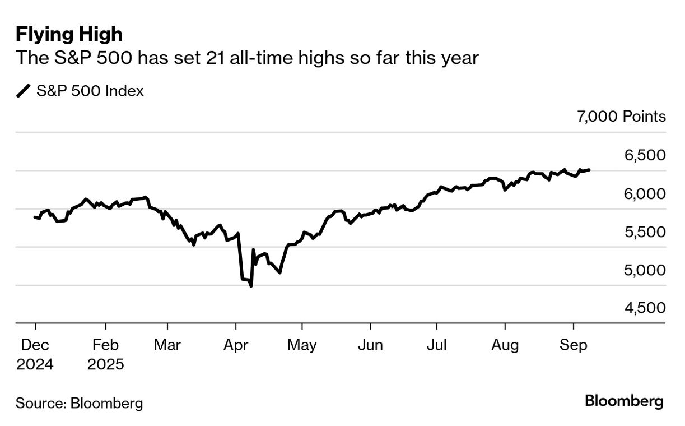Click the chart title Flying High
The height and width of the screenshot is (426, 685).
tap(69, 34)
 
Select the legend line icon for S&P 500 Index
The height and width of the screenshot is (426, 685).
tap(24, 91)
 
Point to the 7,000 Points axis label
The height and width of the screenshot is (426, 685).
tap(621, 117)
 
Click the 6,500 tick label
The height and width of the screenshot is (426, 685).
tap(645, 155)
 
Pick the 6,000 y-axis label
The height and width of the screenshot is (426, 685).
tap(645, 194)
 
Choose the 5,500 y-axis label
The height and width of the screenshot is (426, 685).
tap(645, 232)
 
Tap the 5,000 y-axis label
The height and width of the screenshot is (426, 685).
tap(645, 270)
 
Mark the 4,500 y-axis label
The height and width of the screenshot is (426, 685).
tap(645, 308)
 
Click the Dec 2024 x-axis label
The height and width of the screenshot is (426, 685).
tap(35, 354)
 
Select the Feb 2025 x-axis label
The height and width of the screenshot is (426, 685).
tap(105, 354)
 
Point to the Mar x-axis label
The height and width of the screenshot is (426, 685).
tap(167, 345)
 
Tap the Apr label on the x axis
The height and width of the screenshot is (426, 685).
tap(236, 345)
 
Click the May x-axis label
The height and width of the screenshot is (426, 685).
tap(302, 345)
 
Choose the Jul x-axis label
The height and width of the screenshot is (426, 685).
tap(436, 345)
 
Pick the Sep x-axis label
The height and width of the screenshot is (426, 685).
tap(574, 345)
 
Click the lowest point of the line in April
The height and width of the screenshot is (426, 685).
tap(251, 286)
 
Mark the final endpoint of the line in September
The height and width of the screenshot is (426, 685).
tap(589, 169)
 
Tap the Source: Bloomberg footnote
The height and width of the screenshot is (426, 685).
tap(79, 403)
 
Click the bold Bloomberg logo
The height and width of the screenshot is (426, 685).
tap(624, 401)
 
